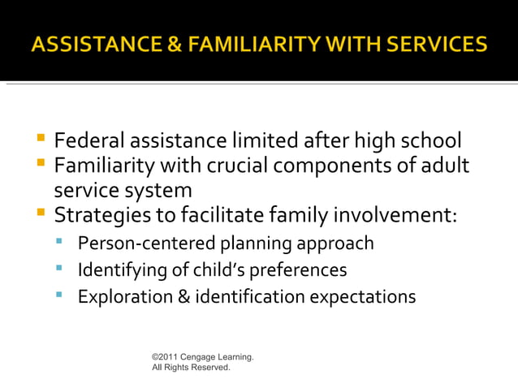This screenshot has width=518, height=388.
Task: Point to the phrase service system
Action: point(123,191)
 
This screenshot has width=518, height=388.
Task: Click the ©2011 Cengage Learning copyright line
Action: point(202,356)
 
